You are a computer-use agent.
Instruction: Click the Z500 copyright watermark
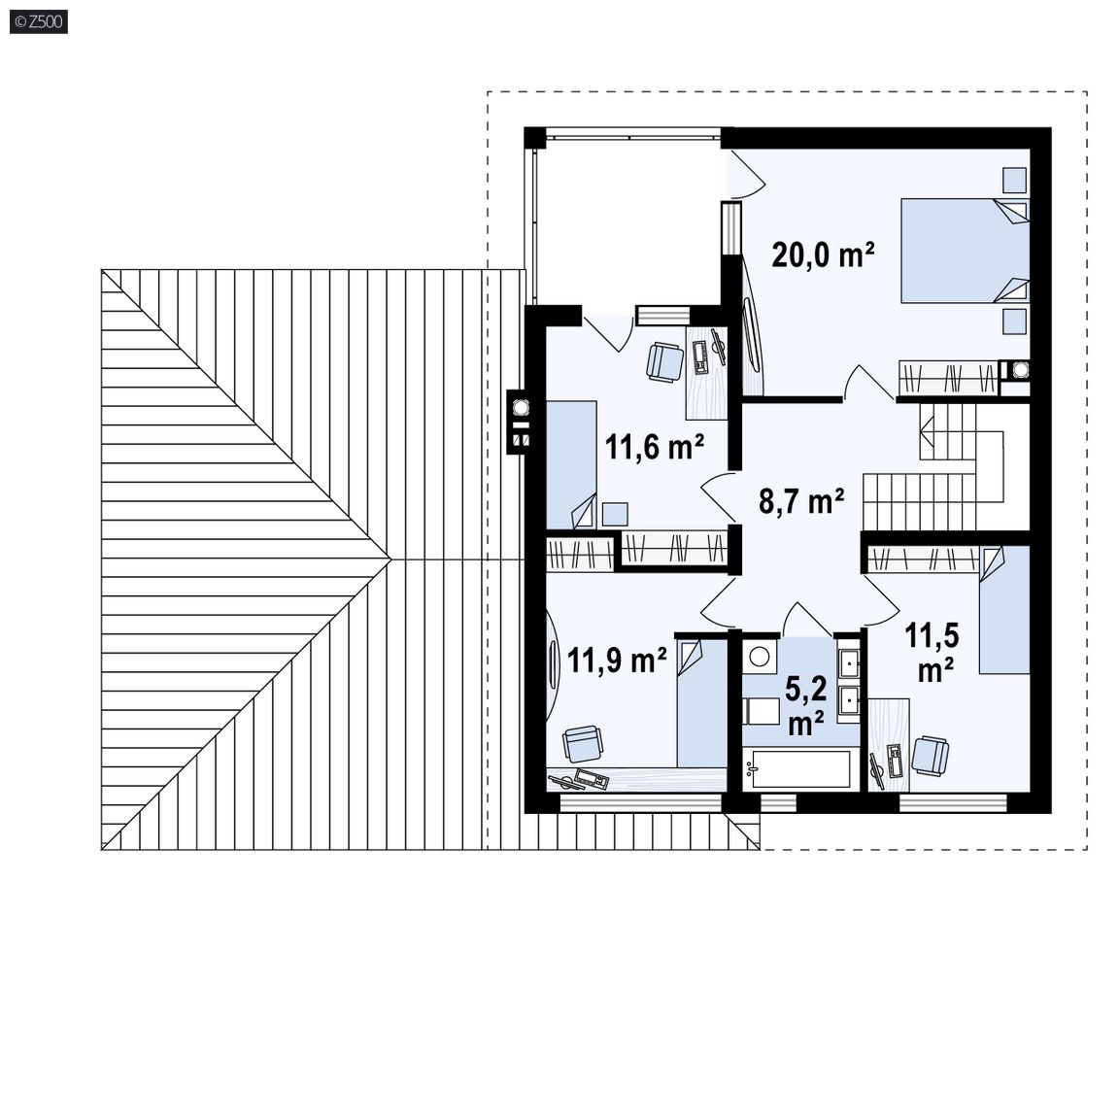point(39,22)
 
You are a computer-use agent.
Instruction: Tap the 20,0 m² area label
point(823,254)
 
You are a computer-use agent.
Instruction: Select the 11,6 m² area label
point(655,448)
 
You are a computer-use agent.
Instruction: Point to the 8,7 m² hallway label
point(800,501)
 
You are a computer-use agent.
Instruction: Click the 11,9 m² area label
point(617,661)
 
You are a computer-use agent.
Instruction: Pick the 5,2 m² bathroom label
point(805,706)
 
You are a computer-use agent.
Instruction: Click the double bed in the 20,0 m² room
point(965,251)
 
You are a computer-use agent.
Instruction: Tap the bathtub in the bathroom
point(797,768)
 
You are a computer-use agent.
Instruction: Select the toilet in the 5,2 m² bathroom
point(761,711)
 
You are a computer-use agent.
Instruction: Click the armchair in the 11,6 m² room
point(665,362)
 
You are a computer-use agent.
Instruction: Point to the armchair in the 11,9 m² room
point(583,744)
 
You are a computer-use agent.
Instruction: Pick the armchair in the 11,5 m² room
point(931,756)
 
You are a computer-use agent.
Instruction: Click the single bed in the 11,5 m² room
point(1004,609)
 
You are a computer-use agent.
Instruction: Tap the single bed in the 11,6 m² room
point(571,464)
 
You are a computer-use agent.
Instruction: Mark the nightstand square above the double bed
point(1014,180)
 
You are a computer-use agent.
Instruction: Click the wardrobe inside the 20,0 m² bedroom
point(948,378)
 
